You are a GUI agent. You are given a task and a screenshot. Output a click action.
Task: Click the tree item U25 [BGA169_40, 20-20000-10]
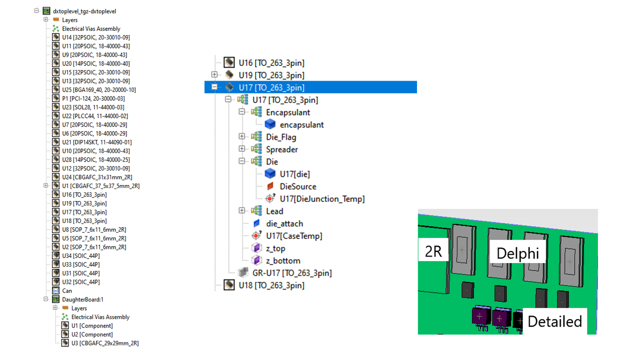(x=99, y=89)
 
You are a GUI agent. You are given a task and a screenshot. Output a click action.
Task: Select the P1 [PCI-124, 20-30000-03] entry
(x=93, y=98)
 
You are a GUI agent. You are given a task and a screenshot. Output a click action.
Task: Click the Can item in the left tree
(x=67, y=291)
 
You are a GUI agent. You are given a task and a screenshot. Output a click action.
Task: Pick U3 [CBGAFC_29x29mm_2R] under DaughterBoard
(x=105, y=343)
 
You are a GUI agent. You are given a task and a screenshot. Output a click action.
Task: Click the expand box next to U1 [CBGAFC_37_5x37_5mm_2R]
(x=45, y=185)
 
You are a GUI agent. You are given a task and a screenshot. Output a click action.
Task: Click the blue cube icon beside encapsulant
(x=270, y=124)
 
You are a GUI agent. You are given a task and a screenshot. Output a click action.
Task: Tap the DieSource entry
(x=298, y=186)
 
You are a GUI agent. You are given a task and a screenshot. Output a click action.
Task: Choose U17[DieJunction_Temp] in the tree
(x=322, y=199)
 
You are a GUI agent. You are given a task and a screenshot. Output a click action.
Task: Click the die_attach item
(x=284, y=223)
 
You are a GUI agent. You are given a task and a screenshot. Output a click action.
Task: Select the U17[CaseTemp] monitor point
(x=294, y=236)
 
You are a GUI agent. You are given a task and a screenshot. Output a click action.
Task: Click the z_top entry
(x=275, y=248)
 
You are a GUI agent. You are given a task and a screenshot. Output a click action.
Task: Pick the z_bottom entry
(x=283, y=261)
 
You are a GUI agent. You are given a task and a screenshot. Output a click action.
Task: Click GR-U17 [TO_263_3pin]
(x=292, y=273)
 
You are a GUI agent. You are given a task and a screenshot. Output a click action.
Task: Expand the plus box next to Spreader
(x=242, y=149)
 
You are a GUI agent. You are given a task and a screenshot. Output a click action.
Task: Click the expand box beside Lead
(x=242, y=210)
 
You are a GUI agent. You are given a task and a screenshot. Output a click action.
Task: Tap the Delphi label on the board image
(x=517, y=253)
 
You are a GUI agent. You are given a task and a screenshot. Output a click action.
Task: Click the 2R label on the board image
(x=433, y=251)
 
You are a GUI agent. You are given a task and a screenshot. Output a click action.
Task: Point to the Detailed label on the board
(x=554, y=321)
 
